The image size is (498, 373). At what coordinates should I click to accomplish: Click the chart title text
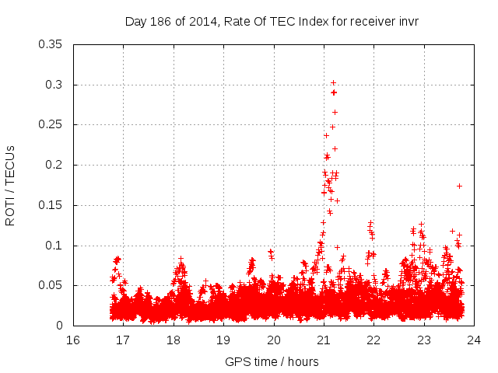coord(272,22)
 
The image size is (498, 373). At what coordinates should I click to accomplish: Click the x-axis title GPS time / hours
coord(272,361)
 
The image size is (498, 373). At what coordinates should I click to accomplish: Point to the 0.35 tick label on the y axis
coord(51,44)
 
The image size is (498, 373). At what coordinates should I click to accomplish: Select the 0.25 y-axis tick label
coord(51,124)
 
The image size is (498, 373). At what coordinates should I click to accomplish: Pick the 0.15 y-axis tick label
coord(51,205)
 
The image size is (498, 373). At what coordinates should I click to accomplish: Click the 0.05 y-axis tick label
coord(51,286)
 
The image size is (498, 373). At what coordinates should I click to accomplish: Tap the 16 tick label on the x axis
coord(73,340)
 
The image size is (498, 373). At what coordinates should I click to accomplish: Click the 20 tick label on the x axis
coord(273,340)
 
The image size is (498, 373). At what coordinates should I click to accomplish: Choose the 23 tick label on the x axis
coord(423,340)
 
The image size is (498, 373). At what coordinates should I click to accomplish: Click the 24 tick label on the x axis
coord(473,340)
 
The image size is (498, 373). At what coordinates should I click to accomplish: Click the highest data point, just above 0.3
coord(333,82)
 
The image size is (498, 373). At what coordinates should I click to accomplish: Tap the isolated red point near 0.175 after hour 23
coord(459,186)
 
